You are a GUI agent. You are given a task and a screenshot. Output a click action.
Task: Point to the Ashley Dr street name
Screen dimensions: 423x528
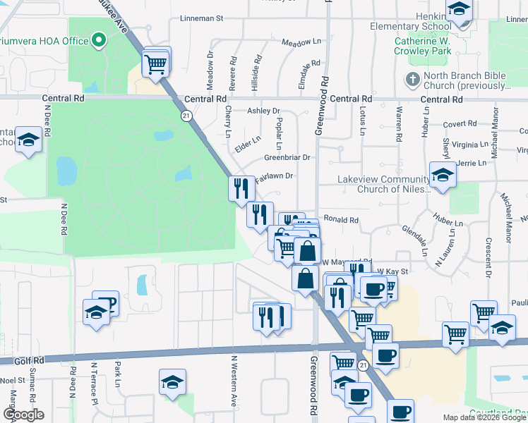pos(263,111)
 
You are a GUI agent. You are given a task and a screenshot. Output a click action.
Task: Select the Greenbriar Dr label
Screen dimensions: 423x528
pos(287,157)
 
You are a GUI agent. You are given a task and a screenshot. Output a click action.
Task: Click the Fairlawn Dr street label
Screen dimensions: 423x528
pos(273,178)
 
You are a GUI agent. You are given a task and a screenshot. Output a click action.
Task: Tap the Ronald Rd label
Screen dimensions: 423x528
pos(341,220)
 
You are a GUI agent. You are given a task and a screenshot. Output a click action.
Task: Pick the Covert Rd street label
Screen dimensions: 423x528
pos(460,124)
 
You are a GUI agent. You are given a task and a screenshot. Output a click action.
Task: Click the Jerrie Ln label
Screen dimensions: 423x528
pos(472,163)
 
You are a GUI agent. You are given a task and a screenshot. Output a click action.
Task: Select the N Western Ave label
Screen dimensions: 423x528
pos(234,379)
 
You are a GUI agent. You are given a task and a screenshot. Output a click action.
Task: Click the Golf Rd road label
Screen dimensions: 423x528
pos(29,360)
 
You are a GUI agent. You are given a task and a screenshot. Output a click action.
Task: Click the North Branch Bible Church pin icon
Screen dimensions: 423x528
pos(413,78)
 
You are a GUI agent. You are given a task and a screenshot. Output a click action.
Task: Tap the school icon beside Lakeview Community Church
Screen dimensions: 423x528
pos(442,176)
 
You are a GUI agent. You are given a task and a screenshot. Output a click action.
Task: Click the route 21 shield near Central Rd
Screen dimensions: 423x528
pos(186,115)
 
